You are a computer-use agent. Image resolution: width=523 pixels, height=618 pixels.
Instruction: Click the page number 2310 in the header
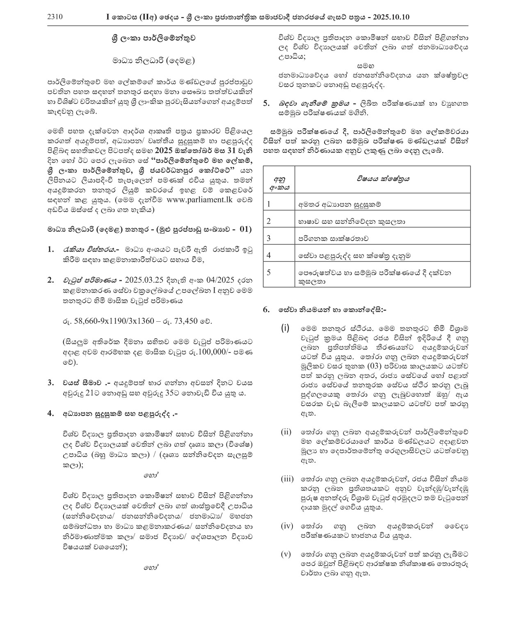point(55,17)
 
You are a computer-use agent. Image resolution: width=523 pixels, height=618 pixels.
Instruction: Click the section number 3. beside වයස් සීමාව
point(51,383)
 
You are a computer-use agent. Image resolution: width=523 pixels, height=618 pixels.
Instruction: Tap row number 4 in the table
point(269,255)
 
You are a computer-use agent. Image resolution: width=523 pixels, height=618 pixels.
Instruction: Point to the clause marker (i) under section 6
point(285,328)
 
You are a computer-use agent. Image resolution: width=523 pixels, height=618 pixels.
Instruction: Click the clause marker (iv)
point(286,526)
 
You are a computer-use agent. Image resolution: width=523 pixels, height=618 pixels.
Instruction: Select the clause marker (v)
point(286,554)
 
